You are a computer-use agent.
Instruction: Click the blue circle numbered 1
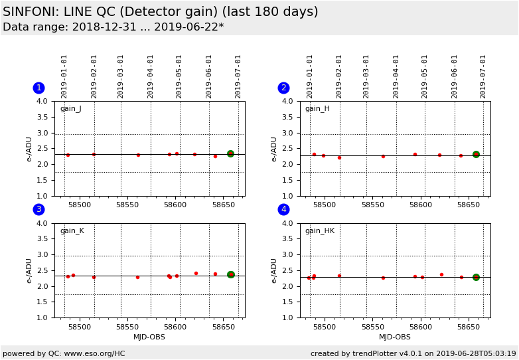point(38,88)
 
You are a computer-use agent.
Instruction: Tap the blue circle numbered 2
point(283,88)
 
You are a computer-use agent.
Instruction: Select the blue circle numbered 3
point(38,209)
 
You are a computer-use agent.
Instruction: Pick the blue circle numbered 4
point(283,209)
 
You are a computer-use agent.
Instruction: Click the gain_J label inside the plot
point(70,109)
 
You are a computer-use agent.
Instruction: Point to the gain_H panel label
point(317,109)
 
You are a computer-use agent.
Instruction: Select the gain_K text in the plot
point(72,231)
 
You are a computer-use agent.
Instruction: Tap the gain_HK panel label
point(319,231)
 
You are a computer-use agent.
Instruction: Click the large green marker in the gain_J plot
point(230,153)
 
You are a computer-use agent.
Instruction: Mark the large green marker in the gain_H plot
point(476,154)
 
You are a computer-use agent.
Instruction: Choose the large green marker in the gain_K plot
point(231,274)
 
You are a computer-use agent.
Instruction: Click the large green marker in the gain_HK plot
point(476,277)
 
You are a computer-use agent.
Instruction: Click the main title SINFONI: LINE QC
point(160,12)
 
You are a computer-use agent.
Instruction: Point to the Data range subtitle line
point(113,27)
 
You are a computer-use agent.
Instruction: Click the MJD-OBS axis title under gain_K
point(149,337)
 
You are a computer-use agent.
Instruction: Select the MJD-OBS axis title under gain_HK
point(395,337)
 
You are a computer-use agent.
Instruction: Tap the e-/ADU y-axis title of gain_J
point(29,149)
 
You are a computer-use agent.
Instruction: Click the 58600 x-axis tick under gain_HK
point(421,327)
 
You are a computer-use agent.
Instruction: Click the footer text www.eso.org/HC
point(92,353)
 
